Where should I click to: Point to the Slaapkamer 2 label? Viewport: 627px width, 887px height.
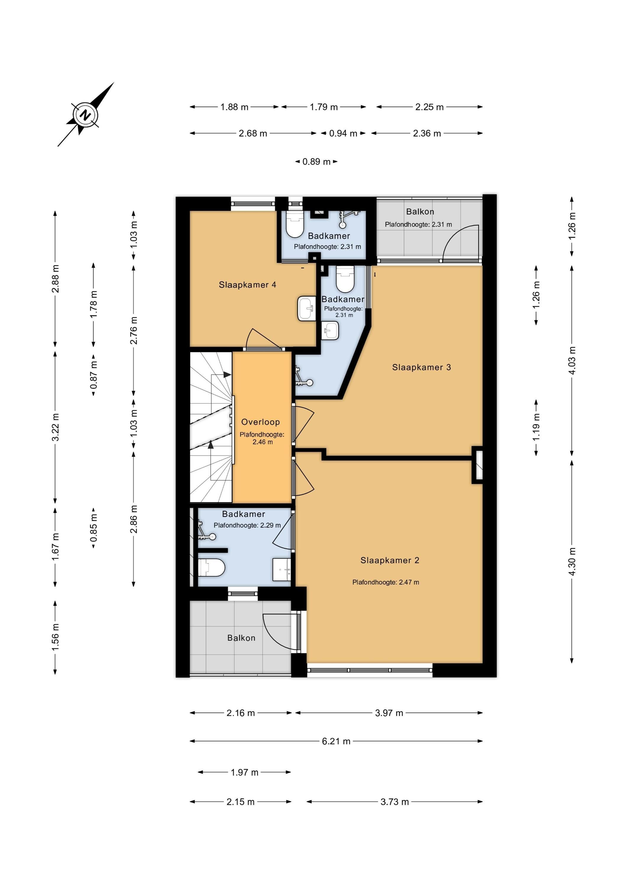pyautogui.click(x=390, y=560)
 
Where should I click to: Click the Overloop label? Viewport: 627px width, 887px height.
pyautogui.click(x=260, y=422)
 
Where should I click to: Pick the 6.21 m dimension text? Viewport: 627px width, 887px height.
pyautogui.click(x=336, y=741)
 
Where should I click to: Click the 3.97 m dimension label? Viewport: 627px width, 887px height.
pyautogui.click(x=389, y=713)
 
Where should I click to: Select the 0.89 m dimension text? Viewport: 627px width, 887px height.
pyautogui.click(x=316, y=161)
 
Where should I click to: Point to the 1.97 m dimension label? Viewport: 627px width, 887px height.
pyautogui.click(x=244, y=772)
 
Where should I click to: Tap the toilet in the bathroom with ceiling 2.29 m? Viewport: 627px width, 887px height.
pyautogui.click(x=211, y=567)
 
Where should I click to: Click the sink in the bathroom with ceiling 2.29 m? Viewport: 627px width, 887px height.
pyautogui.click(x=282, y=569)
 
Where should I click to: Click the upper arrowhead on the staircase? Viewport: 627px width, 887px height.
pyautogui.click(x=227, y=374)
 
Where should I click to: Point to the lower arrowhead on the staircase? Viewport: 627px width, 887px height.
pyautogui.click(x=210, y=445)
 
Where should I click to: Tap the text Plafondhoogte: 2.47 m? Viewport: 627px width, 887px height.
pyautogui.click(x=385, y=582)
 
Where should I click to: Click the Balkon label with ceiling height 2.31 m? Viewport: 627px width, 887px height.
pyautogui.click(x=420, y=212)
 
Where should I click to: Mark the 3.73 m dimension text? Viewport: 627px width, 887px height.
pyautogui.click(x=394, y=802)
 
